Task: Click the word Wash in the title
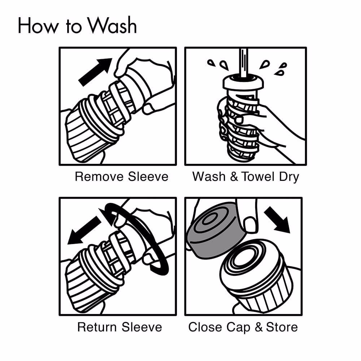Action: coord(113,25)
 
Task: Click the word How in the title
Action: coord(38,26)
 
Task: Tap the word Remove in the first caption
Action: coord(99,177)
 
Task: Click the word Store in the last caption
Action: coord(282,327)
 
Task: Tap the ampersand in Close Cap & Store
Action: coord(258,327)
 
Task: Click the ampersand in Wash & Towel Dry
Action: coord(234,177)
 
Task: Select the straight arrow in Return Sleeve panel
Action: coord(84,230)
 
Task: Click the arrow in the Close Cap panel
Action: coord(277,220)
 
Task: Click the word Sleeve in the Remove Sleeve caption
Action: coord(148,177)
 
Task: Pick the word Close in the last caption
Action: coord(205,327)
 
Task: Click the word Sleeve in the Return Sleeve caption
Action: coord(142,327)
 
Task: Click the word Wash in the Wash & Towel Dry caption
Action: coord(209,177)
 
